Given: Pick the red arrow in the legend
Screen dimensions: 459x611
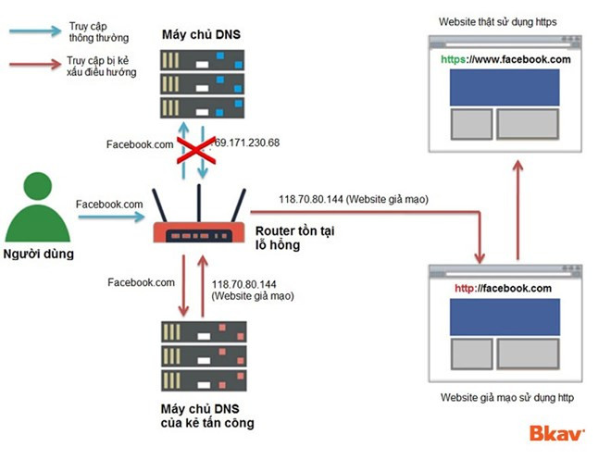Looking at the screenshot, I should (33, 66).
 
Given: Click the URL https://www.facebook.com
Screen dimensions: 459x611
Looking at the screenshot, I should (505, 59).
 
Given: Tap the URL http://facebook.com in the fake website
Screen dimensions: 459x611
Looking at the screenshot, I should (503, 288).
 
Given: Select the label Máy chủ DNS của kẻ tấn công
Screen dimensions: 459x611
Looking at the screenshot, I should (206, 416).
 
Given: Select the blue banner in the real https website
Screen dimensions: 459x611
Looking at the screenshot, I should (505, 86).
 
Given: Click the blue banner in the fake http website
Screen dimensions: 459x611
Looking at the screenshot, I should (505, 316).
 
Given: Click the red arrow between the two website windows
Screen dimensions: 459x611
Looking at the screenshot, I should (517, 208).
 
